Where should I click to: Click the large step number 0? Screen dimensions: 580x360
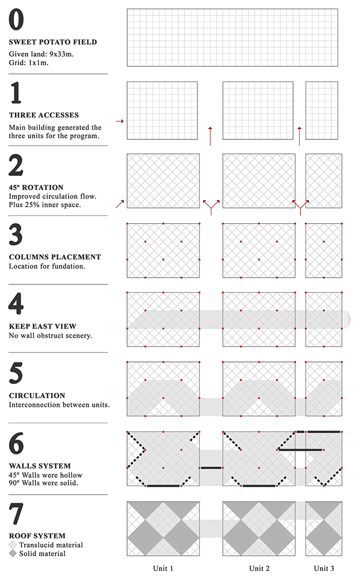pos(17,20)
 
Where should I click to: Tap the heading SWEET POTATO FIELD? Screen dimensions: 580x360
pos(53,42)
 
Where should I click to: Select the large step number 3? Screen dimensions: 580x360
pos(17,234)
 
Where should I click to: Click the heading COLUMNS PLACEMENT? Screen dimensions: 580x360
pos(55,257)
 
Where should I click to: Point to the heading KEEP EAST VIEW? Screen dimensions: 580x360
pos(42,326)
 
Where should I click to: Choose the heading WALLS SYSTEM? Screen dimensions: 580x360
pos(39,466)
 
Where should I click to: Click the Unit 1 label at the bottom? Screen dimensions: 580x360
pos(163,568)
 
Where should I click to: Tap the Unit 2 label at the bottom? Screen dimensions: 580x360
pos(259,568)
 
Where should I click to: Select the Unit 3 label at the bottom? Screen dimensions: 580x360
pos(324,568)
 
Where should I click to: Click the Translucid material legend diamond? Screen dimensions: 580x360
pos(13,545)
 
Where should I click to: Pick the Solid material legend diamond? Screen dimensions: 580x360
pos(13,554)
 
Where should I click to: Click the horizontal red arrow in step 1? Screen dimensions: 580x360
pos(119,121)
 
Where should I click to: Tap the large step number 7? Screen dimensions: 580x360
pos(17,513)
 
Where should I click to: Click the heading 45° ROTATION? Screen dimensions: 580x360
pos(36,187)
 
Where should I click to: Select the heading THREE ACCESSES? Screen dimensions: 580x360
pos(44,115)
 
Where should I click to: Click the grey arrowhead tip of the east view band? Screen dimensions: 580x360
pos(350,319)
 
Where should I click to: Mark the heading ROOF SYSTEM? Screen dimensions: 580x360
pos(37,536)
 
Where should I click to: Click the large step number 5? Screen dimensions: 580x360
pos(17,373)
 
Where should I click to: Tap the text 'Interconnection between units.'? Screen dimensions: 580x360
pos(59,405)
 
